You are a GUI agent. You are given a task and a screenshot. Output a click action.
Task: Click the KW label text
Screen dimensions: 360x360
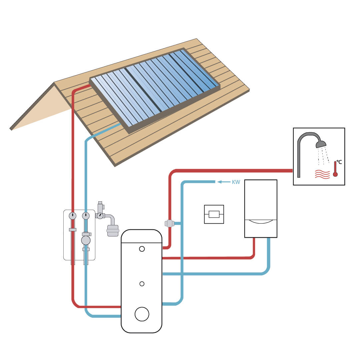[236, 182]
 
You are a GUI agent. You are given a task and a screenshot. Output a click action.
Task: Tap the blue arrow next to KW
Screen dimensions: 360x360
[224, 182]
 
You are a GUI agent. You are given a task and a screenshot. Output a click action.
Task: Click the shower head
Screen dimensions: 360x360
[321, 144]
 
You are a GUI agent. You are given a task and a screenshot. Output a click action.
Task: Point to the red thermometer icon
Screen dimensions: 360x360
[335, 169]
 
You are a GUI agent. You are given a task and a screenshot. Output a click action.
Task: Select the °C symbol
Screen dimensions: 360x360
[339, 162]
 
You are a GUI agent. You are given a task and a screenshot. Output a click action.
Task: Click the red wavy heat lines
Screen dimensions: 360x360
[322, 174]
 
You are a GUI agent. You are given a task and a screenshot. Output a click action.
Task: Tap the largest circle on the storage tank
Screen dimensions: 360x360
[142, 314]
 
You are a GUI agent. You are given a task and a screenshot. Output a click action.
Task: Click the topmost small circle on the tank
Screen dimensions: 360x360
[142, 249]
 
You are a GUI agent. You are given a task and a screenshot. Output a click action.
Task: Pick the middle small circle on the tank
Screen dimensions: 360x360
[142, 284]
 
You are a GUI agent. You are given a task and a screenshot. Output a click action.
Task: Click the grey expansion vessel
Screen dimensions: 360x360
[113, 231]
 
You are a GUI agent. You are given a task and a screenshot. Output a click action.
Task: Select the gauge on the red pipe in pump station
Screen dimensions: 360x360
[73, 216]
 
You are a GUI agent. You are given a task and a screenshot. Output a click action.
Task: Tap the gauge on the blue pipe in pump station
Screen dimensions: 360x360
[86, 216]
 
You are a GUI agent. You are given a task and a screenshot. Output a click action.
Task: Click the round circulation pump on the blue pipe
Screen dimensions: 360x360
[86, 240]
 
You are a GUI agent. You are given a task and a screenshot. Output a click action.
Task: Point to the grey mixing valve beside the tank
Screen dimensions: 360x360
[169, 223]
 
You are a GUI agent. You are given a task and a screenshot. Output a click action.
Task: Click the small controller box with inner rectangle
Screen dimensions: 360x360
[214, 214]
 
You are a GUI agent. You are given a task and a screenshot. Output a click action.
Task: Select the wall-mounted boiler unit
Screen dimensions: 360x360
[261, 208]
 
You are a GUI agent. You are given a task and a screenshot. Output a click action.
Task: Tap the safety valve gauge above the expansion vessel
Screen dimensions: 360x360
[100, 216]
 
